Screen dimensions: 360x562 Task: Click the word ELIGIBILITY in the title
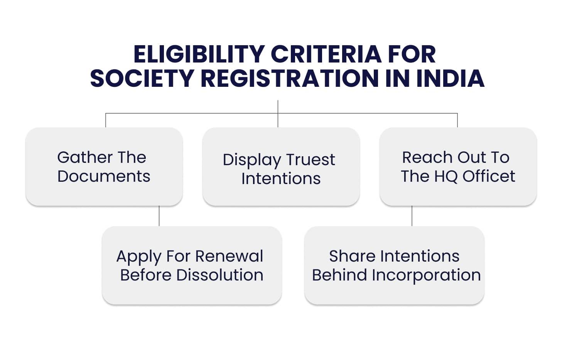(199, 54)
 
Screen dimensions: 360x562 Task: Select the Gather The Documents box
(104, 166)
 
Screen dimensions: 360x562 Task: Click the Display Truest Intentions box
(281, 166)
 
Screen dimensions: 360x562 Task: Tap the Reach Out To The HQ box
(458, 166)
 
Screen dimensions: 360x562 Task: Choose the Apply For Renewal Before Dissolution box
(192, 265)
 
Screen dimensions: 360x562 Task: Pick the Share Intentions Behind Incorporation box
(394, 265)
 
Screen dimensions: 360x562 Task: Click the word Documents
(104, 176)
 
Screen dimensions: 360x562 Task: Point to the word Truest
(311, 159)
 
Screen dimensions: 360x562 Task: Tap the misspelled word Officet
(489, 176)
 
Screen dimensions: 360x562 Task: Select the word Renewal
(229, 256)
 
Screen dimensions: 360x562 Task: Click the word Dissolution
(220, 275)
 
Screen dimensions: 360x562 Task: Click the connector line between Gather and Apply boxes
(159, 216)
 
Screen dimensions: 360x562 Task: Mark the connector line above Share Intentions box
(412, 216)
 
